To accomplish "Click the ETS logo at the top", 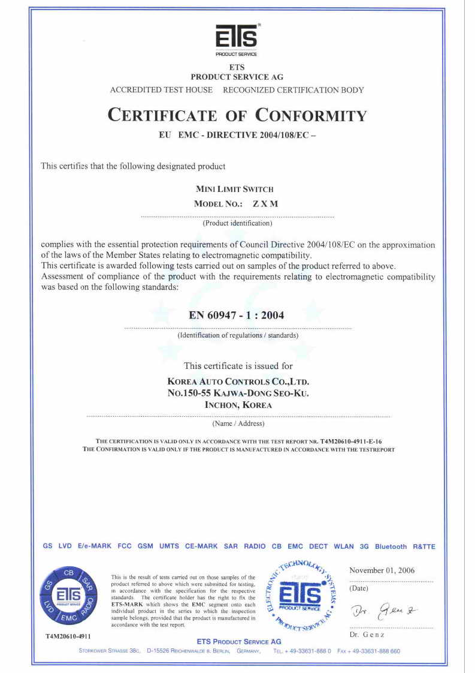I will (237, 38).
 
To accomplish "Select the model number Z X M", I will (265, 204).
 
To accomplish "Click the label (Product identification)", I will (237, 223).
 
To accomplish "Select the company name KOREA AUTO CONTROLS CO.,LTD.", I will (238, 381).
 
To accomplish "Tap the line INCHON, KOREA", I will (238, 405).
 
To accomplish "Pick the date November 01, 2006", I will (382, 570).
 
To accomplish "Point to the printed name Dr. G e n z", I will (367, 635).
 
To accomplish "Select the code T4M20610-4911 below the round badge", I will (68, 635).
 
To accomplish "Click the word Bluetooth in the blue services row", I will (391, 546).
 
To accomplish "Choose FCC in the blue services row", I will (125, 546).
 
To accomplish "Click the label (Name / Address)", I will (238, 424).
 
